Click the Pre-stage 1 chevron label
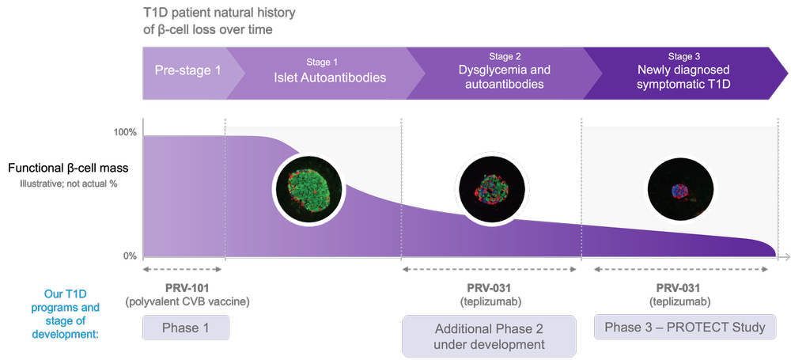pos(187,71)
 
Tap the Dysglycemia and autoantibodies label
pos(504,77)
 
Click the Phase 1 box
pos(186,328)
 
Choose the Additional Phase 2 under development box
pos(489,336)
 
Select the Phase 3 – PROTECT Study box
pos(685,328)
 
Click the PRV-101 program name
pos(186,288)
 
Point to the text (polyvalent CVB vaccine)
pos(187,301)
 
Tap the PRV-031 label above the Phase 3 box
pos(679,288)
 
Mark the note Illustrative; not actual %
pos(70,184)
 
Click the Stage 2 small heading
pos(505,56)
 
